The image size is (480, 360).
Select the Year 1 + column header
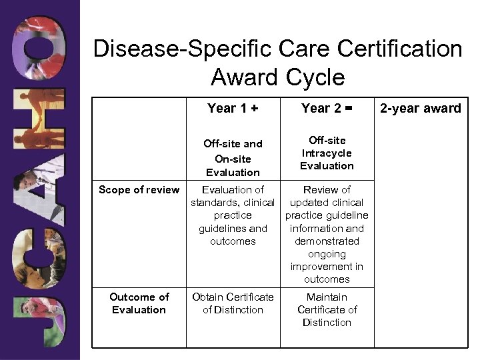pos(233,109)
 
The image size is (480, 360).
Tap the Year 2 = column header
pos(327,109)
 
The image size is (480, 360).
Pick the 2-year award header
pos(421,109)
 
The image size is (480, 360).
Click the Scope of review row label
pos(139,190)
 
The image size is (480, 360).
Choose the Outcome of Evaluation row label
pos(139,303)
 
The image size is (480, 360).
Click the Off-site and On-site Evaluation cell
pos(233,157)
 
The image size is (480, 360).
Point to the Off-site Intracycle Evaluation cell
pos(327,153)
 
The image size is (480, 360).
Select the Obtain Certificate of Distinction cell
pos(233,303)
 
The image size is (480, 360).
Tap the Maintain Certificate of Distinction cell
pos(327,309)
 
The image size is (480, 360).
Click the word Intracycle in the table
pos(327,153)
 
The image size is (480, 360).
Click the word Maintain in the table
pos(327,297)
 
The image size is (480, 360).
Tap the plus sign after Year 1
pos(254,109)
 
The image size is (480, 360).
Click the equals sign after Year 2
pos(348,109)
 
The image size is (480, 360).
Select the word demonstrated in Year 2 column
pos(327,241)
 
